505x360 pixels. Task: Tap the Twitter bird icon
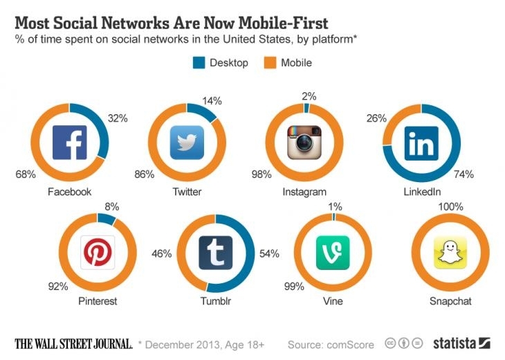coord(187,143)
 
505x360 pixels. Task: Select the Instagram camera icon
coord(306,143)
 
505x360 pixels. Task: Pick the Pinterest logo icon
coord(98,253)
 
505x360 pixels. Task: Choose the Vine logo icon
coord(333,253)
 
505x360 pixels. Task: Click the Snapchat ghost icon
coord(451,253)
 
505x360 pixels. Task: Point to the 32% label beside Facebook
coord(119,118)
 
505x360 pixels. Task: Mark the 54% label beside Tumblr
coord(269,254)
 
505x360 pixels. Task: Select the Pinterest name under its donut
coord(98,301)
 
